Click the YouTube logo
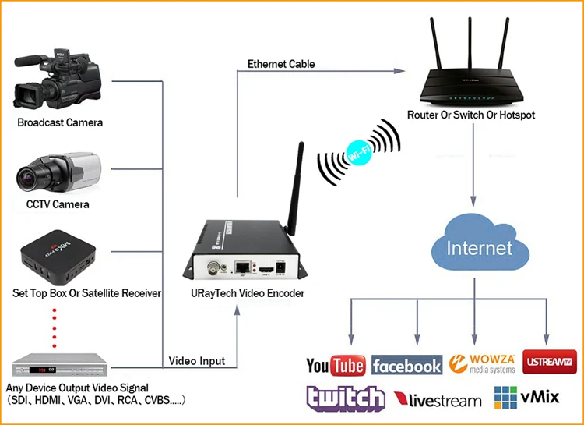(336, 365)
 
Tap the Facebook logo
(406, 365)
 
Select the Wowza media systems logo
(482, 364)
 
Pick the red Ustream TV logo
(550, 362)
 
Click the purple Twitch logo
(345, 398)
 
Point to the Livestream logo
(438, 399)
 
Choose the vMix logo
(526, 398)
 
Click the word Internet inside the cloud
(480, 248)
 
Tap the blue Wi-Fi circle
(359, 153)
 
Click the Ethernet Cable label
(281, 64)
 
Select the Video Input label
(197, 361)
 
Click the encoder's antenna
(296, 188)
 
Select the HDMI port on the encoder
(266, 269)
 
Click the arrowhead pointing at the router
(399, 71)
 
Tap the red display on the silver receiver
(38, 370)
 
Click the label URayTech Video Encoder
(248, 293)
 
